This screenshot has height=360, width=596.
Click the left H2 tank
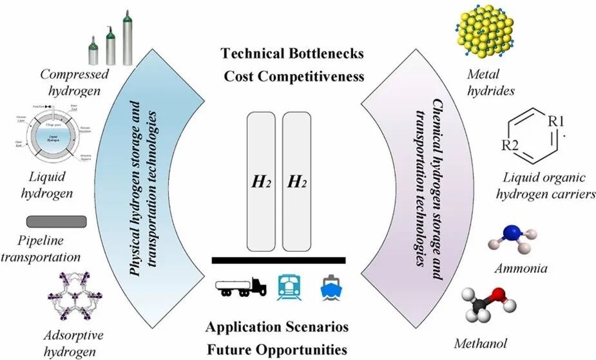(261, 182)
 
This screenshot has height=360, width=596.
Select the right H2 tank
(297, 182)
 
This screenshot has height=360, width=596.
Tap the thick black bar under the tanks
(278, 260)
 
